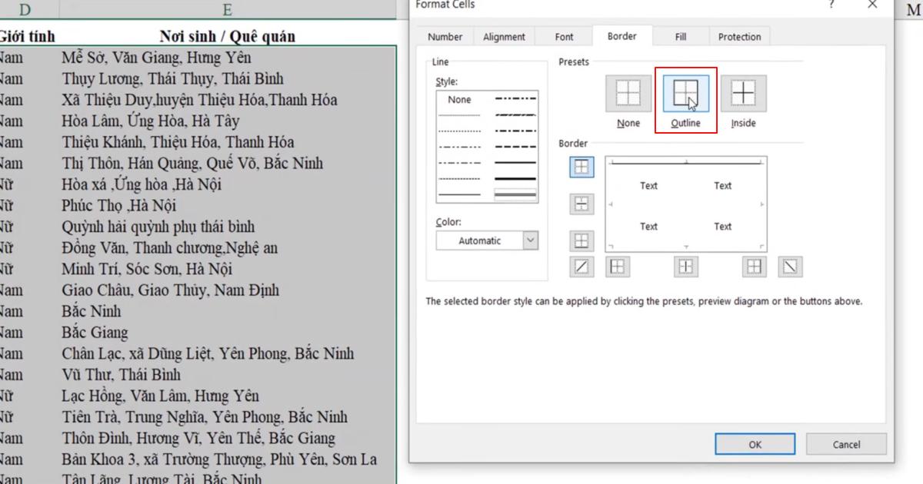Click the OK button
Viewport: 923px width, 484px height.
click(x=755, y=444)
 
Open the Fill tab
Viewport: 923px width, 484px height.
click(x=681, y=37)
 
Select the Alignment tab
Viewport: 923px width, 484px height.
click(x=504, y=37)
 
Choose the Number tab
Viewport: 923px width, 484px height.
click(x=445, y=37)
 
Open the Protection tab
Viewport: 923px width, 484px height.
click(x=739, y=37)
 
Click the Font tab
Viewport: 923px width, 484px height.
click(x=564, y=37)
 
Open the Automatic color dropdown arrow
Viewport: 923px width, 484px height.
click(x=530, y=240)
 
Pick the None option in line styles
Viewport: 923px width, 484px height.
click(x=459, y=100)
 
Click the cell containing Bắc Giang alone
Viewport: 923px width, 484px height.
click(x=95, y=333)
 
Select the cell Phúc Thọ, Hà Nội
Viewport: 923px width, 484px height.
click(x=118, y=206)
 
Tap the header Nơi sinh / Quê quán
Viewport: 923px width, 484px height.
click(x=227, y=36)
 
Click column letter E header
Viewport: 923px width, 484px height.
click(x=227, y=10)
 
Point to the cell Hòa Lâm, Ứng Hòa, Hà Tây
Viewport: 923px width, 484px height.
click(x=150, y=121)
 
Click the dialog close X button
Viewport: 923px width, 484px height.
click(x=872, y=5)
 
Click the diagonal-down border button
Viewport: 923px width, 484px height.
click(x=790, y=267)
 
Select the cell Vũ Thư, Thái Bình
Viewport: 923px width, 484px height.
click(x=121, y=375)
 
